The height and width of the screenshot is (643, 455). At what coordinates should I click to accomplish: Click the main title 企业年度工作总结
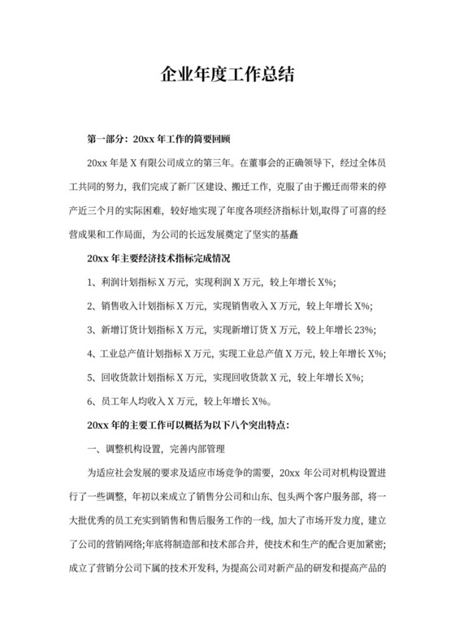tap(227, 76)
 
